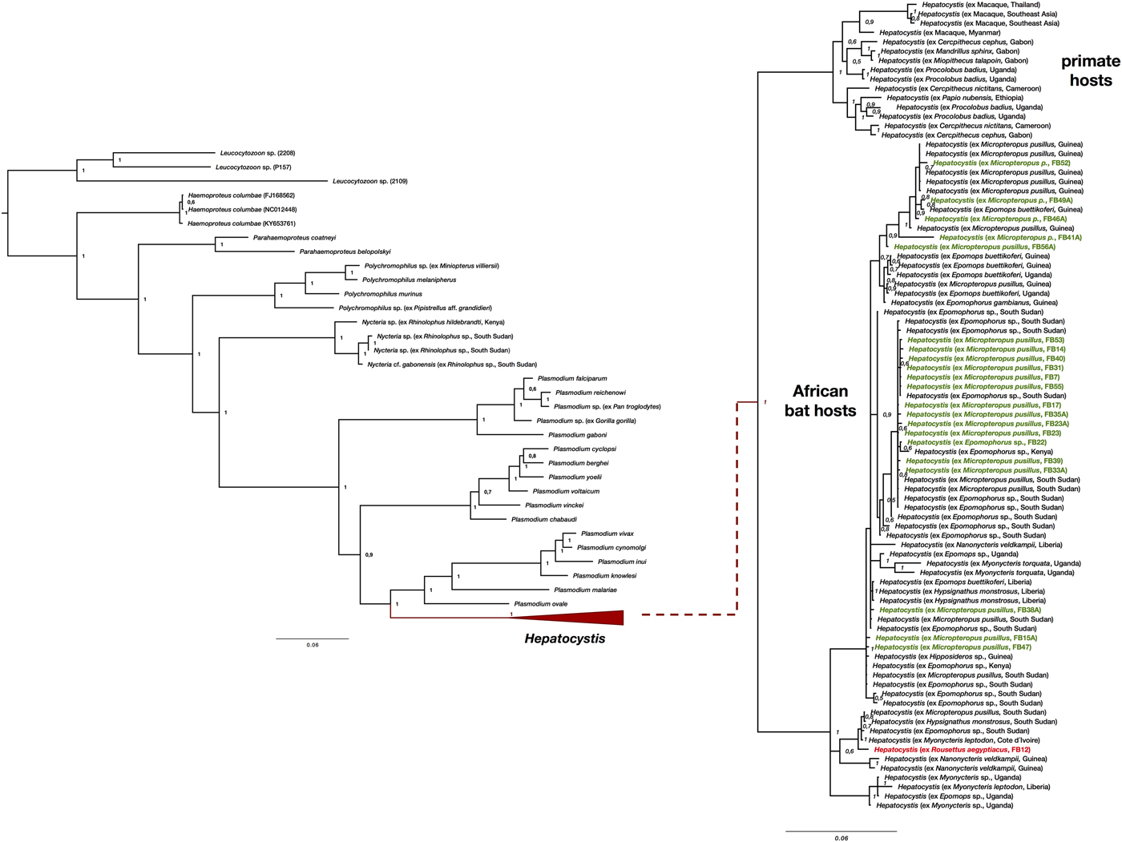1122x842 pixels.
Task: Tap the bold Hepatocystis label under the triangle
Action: tap(564, 639)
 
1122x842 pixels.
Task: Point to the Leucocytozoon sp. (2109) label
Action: tap(370, 182)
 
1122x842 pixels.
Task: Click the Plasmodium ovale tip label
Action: tap(541, 604)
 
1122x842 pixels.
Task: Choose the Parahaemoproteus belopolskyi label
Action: tap(345, 252)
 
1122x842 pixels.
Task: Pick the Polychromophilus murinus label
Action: tap(383, 294)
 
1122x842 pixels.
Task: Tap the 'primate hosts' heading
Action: tap(1090, 71)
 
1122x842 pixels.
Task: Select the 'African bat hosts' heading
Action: tap(820, 401)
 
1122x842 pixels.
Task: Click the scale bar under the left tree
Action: tap(313, 639)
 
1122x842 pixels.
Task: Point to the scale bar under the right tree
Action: tap(841, 832)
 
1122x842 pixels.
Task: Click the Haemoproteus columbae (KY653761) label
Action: tap(241, 224)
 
